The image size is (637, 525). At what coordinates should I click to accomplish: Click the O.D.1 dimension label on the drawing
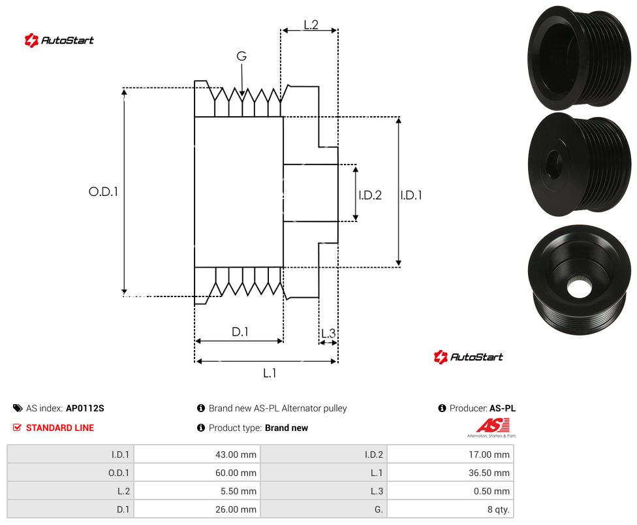point(103,191)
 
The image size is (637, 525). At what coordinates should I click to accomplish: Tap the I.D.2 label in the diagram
point(370,195)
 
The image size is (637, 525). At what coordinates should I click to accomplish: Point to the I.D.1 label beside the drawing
point(411,195)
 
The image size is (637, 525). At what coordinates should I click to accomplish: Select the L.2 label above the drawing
point(311,25)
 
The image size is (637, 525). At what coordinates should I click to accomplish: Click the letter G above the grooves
point(241,56)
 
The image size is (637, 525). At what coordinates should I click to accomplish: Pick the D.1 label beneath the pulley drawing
point(240,332)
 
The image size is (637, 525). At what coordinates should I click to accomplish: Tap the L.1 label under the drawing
point(270,373)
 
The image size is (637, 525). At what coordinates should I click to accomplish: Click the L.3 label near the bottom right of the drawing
point(328,333)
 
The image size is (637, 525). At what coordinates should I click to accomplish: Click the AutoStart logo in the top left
point(59,40)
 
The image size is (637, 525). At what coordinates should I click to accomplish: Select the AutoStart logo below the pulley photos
point(469,357)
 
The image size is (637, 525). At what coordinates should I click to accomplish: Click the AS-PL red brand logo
point(492,428)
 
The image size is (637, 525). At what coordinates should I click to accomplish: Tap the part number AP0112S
point(85,408)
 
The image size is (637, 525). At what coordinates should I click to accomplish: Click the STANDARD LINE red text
point(60,428)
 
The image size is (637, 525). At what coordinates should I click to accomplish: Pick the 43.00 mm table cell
point(197,454)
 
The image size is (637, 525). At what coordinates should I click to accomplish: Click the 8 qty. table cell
point(450,509)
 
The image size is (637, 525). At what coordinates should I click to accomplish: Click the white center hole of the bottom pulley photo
point(580,287)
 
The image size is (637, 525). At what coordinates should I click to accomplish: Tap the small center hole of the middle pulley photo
point(553,164)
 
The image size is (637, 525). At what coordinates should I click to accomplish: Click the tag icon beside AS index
point(18,408)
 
